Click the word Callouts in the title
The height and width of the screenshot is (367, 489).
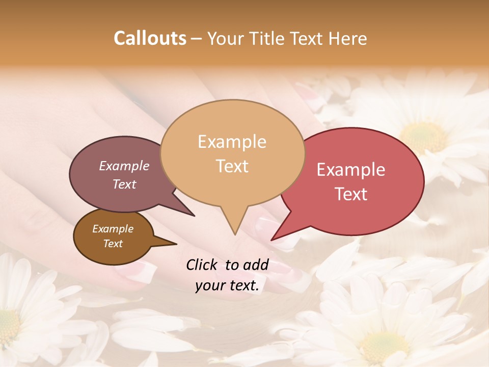pos(150,38)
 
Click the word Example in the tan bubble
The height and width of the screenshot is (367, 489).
pos(232,142)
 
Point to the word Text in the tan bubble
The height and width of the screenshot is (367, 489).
pos(232,166)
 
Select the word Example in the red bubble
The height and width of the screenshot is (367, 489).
pos(351,170)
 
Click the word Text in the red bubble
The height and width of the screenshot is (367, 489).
pos(351,194)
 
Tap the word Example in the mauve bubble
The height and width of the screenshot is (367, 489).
pos(124,166)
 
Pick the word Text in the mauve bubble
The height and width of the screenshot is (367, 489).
pos(124,184)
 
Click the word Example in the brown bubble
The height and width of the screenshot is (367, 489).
pos(113,229)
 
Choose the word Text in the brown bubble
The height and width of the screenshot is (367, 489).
pos(113,244)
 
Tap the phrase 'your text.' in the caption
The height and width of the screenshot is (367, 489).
pos(227,286)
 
